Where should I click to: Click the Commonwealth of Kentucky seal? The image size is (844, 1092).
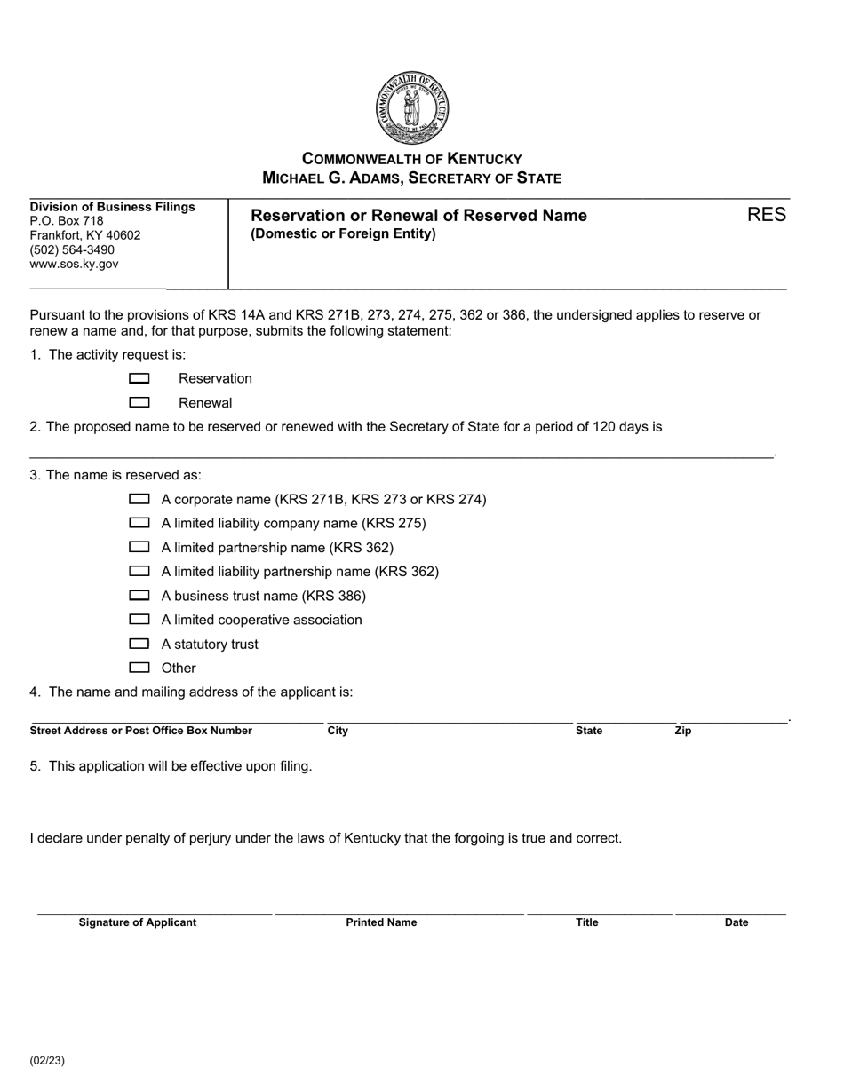coord(412,108)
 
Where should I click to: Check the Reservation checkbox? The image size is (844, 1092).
coord(139,379)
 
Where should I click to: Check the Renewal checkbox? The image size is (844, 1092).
coord(139,403)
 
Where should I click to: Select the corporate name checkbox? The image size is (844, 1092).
coord(139,500)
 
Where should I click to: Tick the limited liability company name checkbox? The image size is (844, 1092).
coord(139,524)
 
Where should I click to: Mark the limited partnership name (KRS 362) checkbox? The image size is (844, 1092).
coord(139,548)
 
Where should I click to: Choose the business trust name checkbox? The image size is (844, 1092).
coord(139,596)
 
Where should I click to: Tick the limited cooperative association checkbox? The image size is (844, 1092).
coord(139,620)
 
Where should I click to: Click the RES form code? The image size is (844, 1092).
coord(766,215)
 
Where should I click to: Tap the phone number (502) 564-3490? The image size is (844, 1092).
coord(72,249)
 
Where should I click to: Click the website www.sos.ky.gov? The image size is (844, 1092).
coord(74,264)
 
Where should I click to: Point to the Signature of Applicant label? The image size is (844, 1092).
coord(138,922)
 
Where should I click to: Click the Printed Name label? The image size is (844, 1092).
coord(381,922)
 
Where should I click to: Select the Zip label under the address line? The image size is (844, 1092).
coord(682,731)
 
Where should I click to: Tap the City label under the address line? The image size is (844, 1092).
coord(338,731)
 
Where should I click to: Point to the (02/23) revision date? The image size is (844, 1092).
coord(47,1060)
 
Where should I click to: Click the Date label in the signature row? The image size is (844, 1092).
coord(737,922)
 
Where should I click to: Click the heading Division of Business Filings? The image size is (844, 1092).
coord(112,207)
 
